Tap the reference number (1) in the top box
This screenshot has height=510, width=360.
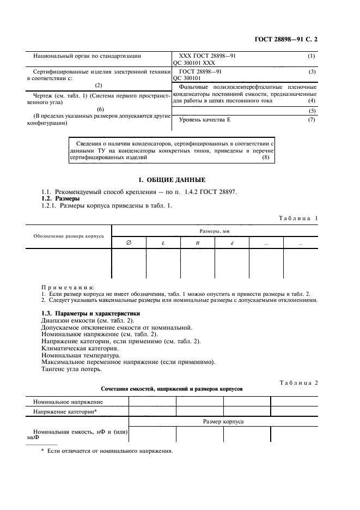coord(312,56)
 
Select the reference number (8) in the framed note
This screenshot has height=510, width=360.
coord(265,157)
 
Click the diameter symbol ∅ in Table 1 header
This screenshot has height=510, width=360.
coord(129,243)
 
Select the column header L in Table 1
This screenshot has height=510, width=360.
coord(163,243)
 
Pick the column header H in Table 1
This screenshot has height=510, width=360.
coord(197,243)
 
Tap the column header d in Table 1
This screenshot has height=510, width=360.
coord(231,243)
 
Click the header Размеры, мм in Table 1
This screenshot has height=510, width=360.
coord(214,231)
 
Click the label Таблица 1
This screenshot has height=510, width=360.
coord(298,218)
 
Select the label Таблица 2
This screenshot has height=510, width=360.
coord(298,382)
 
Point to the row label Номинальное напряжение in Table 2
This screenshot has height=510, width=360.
coord(68,402)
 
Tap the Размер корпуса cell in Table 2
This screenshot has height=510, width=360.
coord(223,422)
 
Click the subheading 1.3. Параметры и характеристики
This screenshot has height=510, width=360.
coord(83,313)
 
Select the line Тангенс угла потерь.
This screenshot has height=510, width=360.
coord(71,369)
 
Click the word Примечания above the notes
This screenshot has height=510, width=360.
coord(68,287)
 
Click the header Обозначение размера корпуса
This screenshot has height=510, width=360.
coord(69,237)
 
